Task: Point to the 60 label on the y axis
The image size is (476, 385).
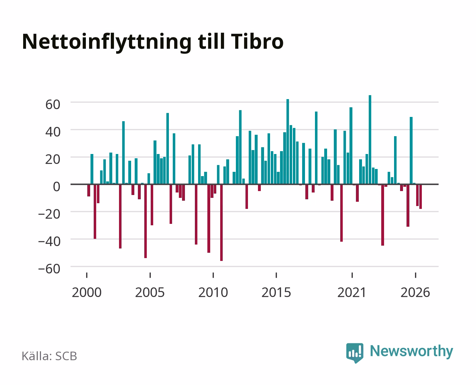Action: (x=53, y=104)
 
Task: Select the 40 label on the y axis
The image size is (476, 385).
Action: (x=53, y=132)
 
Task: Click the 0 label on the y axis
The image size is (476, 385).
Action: (x=57, y=186)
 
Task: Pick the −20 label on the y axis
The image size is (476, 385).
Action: (x=49, y=214)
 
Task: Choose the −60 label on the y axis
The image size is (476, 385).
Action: (x=49, y=269)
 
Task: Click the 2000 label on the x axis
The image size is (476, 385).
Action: (x=87, y=292)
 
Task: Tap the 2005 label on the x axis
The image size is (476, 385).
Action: (x=150, y=292)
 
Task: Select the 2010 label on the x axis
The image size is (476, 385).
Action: (x=213, y=292)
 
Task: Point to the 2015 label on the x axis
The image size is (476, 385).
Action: (x=276, y=292)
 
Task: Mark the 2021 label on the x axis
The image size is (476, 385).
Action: (x=352, y=292)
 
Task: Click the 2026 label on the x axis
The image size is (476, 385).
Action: (x=415, y=292)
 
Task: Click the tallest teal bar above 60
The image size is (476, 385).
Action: (x=370, y=140)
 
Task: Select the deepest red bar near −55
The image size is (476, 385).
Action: (x=222, y=223)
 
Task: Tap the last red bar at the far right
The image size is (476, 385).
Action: (x=420, y=196)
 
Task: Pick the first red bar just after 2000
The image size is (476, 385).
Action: (x=89, y=190)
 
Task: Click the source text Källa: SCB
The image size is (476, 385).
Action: (x=50, y=356)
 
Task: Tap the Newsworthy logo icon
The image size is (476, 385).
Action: (x=355, y=353)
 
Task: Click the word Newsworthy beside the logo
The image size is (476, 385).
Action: (x=412, y=351)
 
